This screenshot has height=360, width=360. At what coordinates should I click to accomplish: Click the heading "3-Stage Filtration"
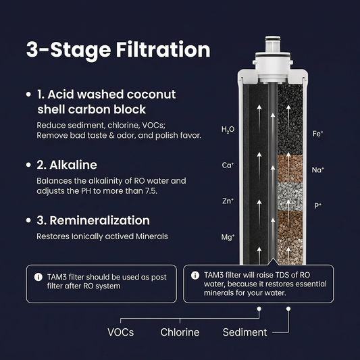(118, 51)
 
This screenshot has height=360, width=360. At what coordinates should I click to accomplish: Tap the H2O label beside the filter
(228, 128)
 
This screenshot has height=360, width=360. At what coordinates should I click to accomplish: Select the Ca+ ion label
(228, 165)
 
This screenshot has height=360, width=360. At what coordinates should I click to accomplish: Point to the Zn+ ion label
(228, 201)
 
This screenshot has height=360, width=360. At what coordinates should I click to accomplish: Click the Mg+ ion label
(228, 237)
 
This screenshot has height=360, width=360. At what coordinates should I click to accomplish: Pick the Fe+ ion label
(317, 133)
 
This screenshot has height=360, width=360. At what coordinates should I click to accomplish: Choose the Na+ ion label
(317, 170)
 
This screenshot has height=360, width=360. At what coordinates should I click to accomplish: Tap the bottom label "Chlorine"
(179, 332)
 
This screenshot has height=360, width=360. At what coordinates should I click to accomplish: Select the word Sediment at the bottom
(245, 332)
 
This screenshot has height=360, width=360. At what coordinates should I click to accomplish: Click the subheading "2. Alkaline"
(67, 165)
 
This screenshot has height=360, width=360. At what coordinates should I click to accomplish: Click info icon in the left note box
(37, 276)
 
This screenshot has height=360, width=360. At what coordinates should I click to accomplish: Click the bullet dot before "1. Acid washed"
(28, 95)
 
